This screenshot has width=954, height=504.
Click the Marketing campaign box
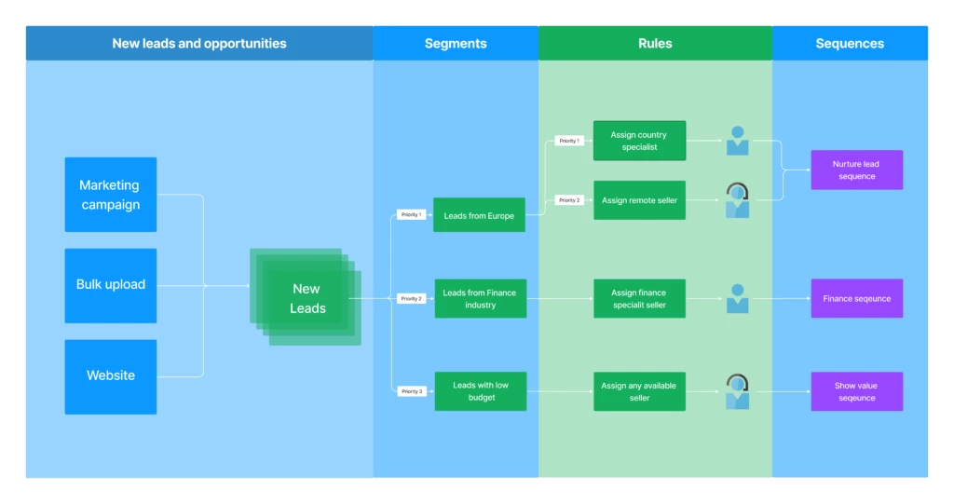point(110,195)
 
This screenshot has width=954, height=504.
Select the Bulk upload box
point(110,285)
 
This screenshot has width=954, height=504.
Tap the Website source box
point(110,376)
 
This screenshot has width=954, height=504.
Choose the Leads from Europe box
point(479,215)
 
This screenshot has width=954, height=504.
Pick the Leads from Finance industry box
point(480,299)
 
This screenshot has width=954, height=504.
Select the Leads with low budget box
point(480,391)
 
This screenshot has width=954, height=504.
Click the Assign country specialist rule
point(639,141)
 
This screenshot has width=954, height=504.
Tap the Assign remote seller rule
point(639,200)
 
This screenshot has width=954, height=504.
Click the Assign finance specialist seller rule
point(639,299)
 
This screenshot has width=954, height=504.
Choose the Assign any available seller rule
point(639,391)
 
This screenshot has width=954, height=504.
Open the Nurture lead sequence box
point(856,170)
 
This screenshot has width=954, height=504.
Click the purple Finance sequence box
point(856,299)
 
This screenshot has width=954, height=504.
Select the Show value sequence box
point(856,391)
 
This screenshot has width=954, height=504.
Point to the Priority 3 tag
point(411,391)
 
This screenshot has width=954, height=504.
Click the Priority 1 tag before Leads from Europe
point(411,214)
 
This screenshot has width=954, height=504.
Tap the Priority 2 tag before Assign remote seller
point(568,200)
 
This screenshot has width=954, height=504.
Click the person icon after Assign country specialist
point(738,141)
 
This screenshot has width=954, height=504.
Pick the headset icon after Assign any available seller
point(737,391)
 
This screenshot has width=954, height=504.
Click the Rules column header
point(655,44)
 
